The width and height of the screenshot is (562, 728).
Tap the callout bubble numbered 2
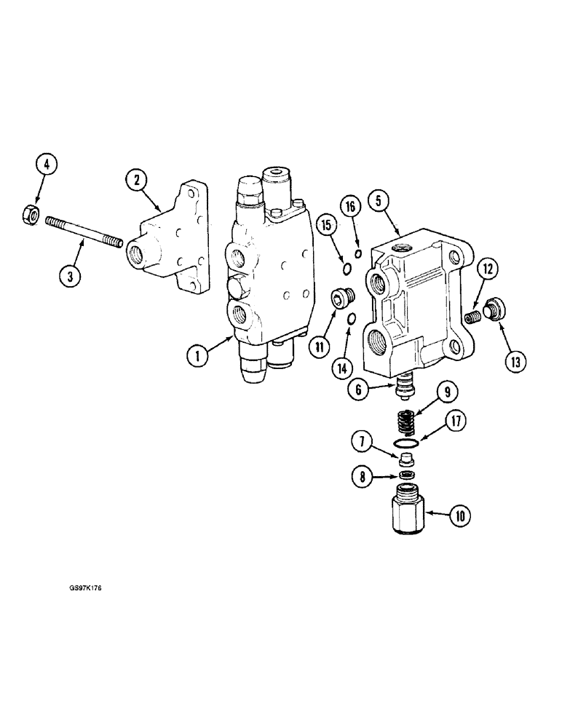135,178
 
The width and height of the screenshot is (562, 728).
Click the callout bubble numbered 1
196,356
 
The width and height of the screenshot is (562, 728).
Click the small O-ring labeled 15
347,270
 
